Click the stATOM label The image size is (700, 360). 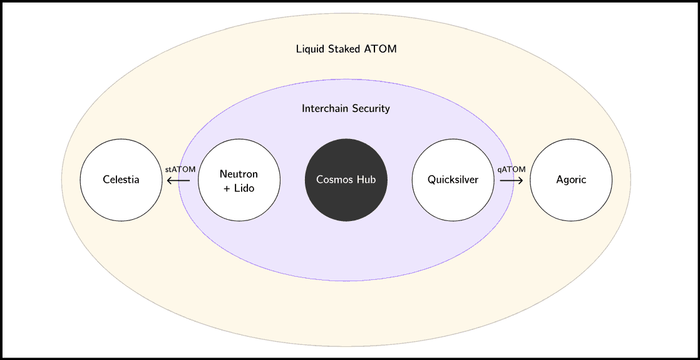(x=180, y=169)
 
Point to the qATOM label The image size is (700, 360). (x=512, y=169)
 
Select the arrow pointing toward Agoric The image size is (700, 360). (x=512, y=181)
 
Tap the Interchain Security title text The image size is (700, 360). (x=346, y=108)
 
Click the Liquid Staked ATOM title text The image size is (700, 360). (x=346, y=49)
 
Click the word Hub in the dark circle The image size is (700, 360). (x=366, y=180)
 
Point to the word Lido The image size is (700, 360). (x=244, y=188)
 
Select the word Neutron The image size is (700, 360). (x=239, y=174)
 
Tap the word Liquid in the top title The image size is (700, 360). (x=311, y=49)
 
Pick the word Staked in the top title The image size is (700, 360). (x=345, y=49)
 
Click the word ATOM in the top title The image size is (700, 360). (x=381, y=49)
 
